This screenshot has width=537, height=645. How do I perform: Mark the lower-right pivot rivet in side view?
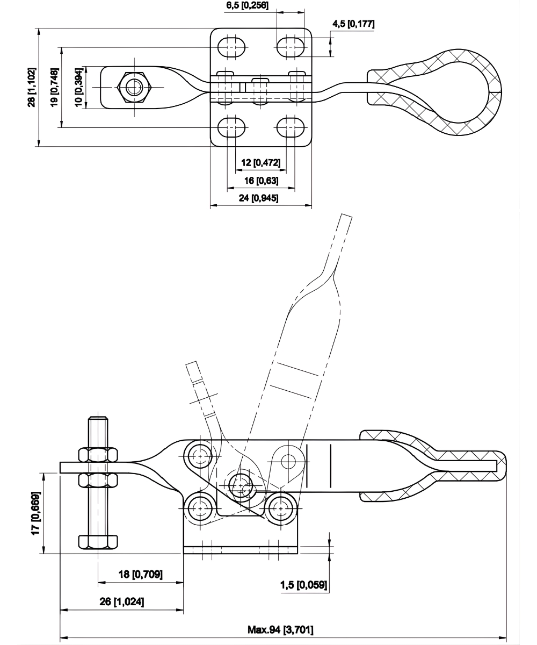[x=280, y=507]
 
